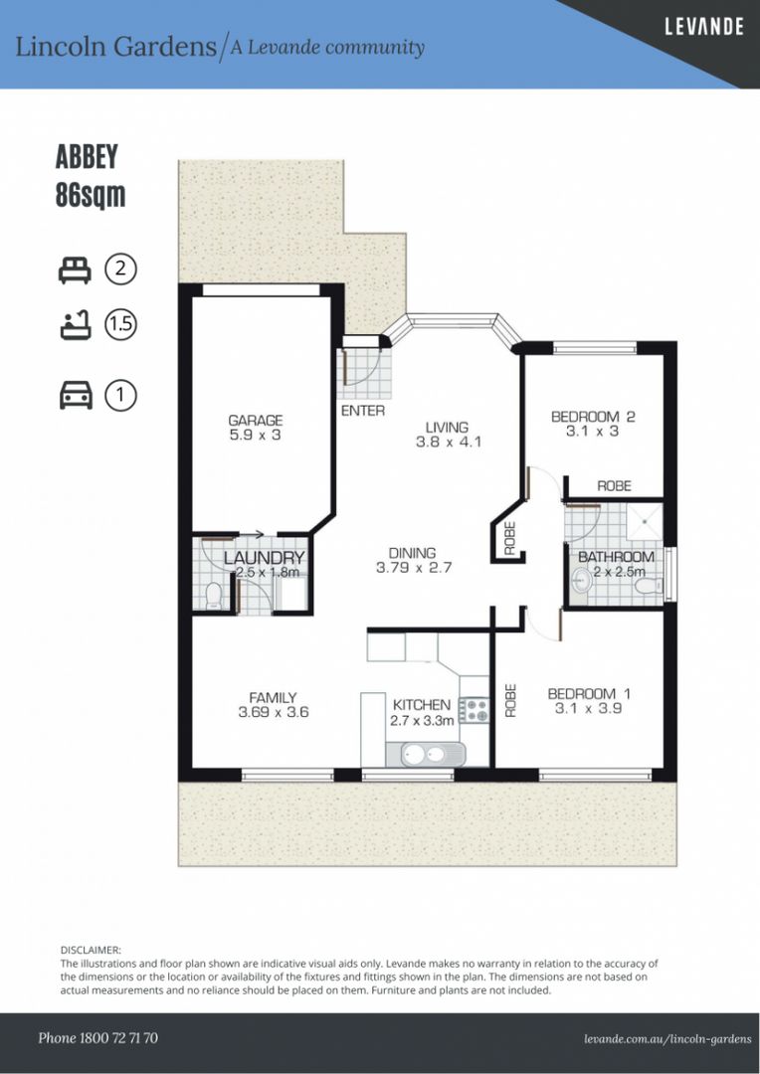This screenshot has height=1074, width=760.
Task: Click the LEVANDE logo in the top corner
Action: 703,27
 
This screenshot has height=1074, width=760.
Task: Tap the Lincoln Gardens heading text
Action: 115,46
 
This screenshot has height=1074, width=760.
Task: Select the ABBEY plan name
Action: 87,157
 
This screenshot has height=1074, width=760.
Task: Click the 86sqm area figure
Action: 91,195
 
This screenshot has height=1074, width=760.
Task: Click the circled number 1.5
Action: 121,325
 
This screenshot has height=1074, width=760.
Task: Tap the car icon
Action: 76,396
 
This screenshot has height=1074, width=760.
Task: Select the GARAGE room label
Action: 255,421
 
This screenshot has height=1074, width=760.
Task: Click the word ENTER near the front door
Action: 362,411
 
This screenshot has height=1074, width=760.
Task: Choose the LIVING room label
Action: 447,428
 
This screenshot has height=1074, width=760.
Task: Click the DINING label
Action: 413,554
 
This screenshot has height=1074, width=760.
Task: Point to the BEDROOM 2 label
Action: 593,417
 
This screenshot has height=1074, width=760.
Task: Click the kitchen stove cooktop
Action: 473,709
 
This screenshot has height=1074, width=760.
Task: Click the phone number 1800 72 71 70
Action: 97,1038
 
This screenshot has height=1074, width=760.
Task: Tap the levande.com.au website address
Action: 667,1038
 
